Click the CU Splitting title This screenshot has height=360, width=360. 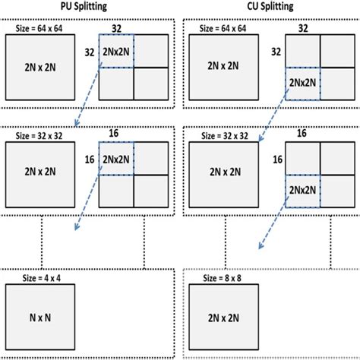[x=270, y=7]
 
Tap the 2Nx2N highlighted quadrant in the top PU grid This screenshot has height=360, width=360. [x=116, y=52]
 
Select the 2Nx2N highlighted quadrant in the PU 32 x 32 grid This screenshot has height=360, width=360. [x=116, y=160]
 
